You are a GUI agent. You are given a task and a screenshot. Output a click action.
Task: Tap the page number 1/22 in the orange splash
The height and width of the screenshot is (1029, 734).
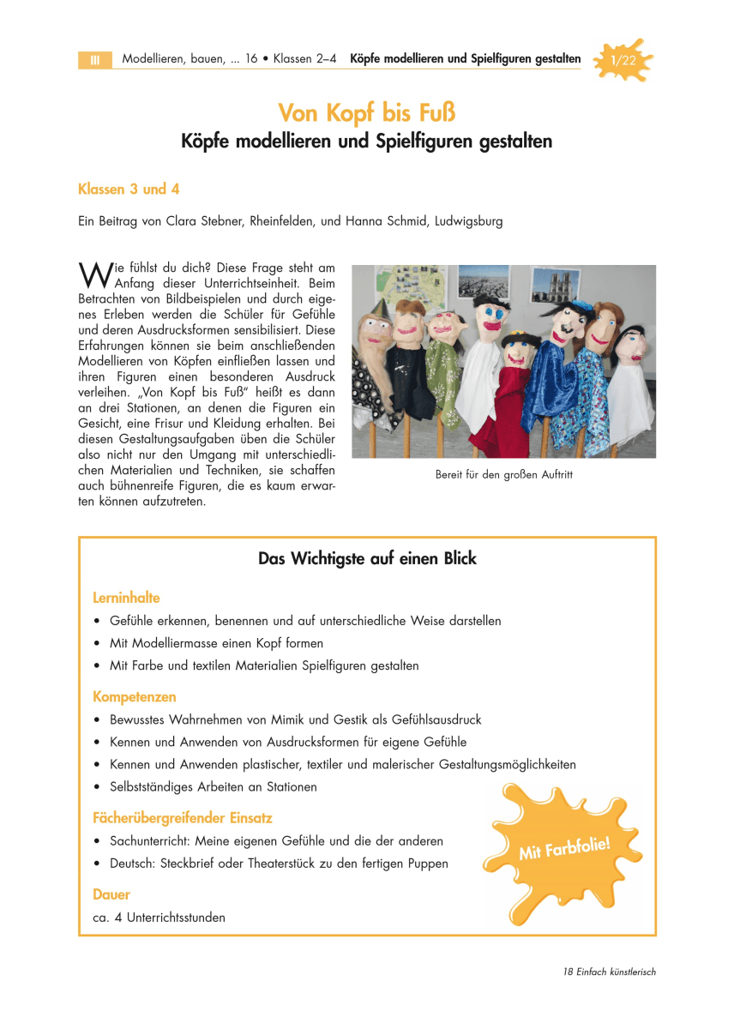click(x=623, y=60)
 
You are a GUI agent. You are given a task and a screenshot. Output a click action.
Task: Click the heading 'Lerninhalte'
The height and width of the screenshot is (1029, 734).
click(x=126, y=598)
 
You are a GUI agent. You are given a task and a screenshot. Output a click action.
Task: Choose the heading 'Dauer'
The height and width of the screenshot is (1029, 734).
click(x=111, y=895)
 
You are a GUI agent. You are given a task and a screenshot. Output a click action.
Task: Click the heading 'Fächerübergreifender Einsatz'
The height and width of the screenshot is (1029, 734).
click(x=183, y=818)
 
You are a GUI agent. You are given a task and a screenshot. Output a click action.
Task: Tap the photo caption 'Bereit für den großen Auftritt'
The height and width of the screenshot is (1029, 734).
click(x=503, y=474)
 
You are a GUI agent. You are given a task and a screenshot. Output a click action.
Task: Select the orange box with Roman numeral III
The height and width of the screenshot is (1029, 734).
click(x=95, y=60)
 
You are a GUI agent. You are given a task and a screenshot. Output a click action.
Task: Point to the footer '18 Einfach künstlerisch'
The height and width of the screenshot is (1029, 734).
click(x=610, y=972)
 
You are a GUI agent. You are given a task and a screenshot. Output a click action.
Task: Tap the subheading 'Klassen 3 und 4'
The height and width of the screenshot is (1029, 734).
click(x=129, y=189)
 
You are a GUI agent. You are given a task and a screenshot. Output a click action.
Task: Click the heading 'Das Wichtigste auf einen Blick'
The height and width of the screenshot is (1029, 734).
click(x=367, y=558)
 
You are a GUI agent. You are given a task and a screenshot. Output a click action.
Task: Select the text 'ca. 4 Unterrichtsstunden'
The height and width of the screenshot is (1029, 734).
click(x=159, y=918)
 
